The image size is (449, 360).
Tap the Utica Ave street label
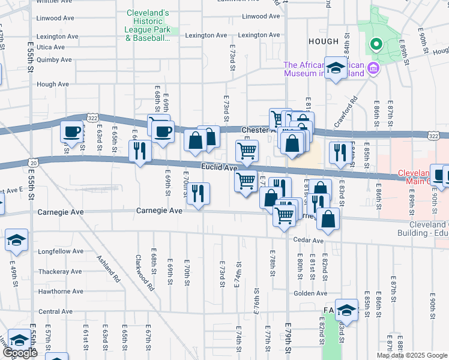[50, 47]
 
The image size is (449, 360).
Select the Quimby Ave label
[54, 59]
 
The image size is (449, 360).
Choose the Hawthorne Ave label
[60, 292]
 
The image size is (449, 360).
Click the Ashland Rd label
[109, 270]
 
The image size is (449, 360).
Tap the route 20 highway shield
[33, 162]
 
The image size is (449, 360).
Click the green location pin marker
[376, 44]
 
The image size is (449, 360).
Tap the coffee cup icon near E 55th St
[71, 132]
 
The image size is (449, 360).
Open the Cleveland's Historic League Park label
[148, 25]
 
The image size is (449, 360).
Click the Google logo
[20, 353]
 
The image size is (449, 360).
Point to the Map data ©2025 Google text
[411, 355]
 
